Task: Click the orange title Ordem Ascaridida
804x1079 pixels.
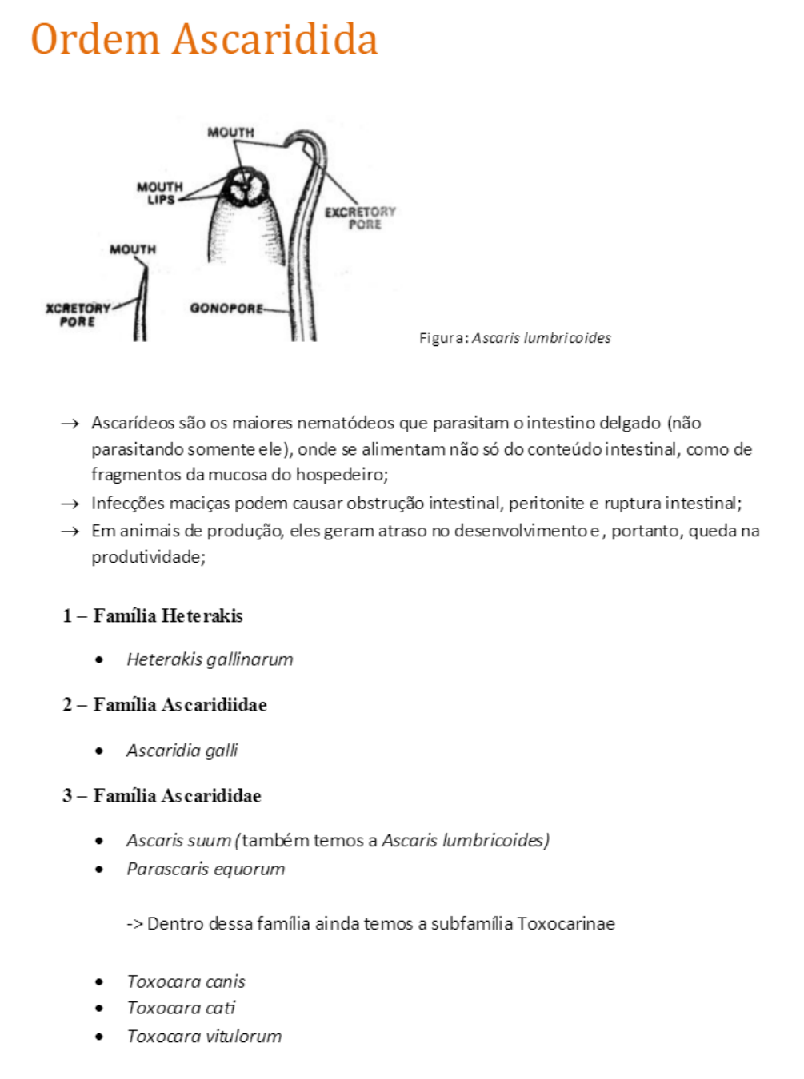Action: pyautogui.click(x=204, y=40)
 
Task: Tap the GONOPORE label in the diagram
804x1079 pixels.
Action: pyautogui.click(x=226, y=309)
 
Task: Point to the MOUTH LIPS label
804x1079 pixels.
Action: pyautogui.click(x=160, y=193)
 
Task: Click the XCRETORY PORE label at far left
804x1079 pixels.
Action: pyautogui.click(x=78, y=315)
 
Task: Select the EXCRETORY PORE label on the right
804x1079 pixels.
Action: pyautogui.click(x=361, y=218)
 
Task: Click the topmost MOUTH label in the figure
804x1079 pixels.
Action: pyautogui.click(x=230, y=132)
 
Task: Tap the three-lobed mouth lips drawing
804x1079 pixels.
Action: pyautogui.click(x=246, y=188)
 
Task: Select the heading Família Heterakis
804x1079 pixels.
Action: pyautogui.click(x=167, y=615)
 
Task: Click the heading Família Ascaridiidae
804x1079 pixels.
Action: pyautogui.click(x=179, y=704)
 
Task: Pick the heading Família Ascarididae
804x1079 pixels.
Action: pyautogui.click(x=177, y=795)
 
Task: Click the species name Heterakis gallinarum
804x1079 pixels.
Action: pyautogui.click(x=210, y=659)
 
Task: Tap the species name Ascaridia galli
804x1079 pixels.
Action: pyautogui.click(x=182, y=751)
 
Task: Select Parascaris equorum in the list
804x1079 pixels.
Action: pyautogui.click(x=206, y=869)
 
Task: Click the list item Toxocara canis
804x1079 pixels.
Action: pyautogui.click(x=186, y=981)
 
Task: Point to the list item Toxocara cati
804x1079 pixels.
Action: pyautogui.click(x=181, y=1008)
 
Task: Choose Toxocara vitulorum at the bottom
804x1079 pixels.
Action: pyautogui.click(x=204, y=1037)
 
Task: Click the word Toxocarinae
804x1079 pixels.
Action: pyautogui.click(x=566, y=924)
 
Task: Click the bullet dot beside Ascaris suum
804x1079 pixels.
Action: pyautogui.click(x=99, y=841)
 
